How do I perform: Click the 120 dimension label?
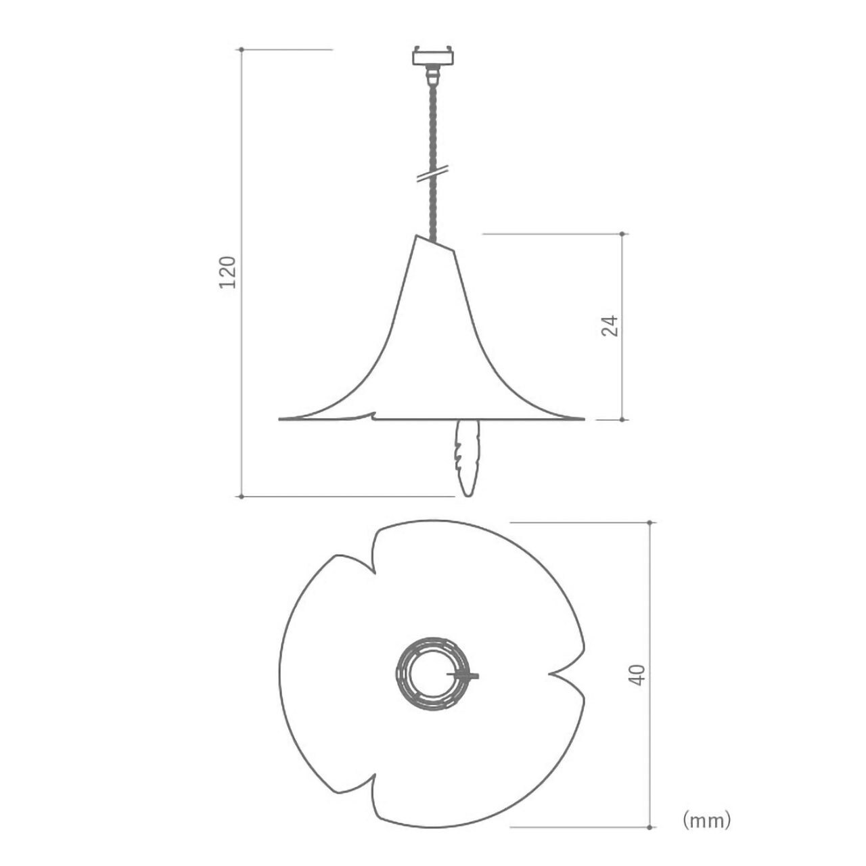click(227, 272)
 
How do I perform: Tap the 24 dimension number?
click(610, 326)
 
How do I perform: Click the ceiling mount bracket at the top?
click(433, 55)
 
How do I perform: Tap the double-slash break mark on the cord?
click(433, 173)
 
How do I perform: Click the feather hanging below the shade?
click(468, 457)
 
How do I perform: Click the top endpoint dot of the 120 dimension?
click(242, 49)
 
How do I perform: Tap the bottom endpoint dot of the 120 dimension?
click(242, 496)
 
